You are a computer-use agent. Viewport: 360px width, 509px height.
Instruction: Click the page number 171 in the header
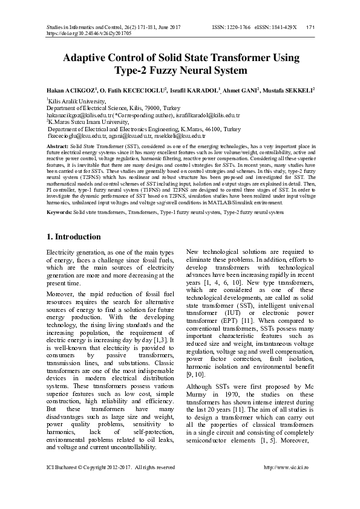pyautogui.click(x=309, y=27)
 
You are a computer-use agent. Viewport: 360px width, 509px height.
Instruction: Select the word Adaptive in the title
pyautogui.click(x=88, y=58)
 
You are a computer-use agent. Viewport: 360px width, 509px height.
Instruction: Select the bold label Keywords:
pyautogui.click(x=59, y=212)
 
